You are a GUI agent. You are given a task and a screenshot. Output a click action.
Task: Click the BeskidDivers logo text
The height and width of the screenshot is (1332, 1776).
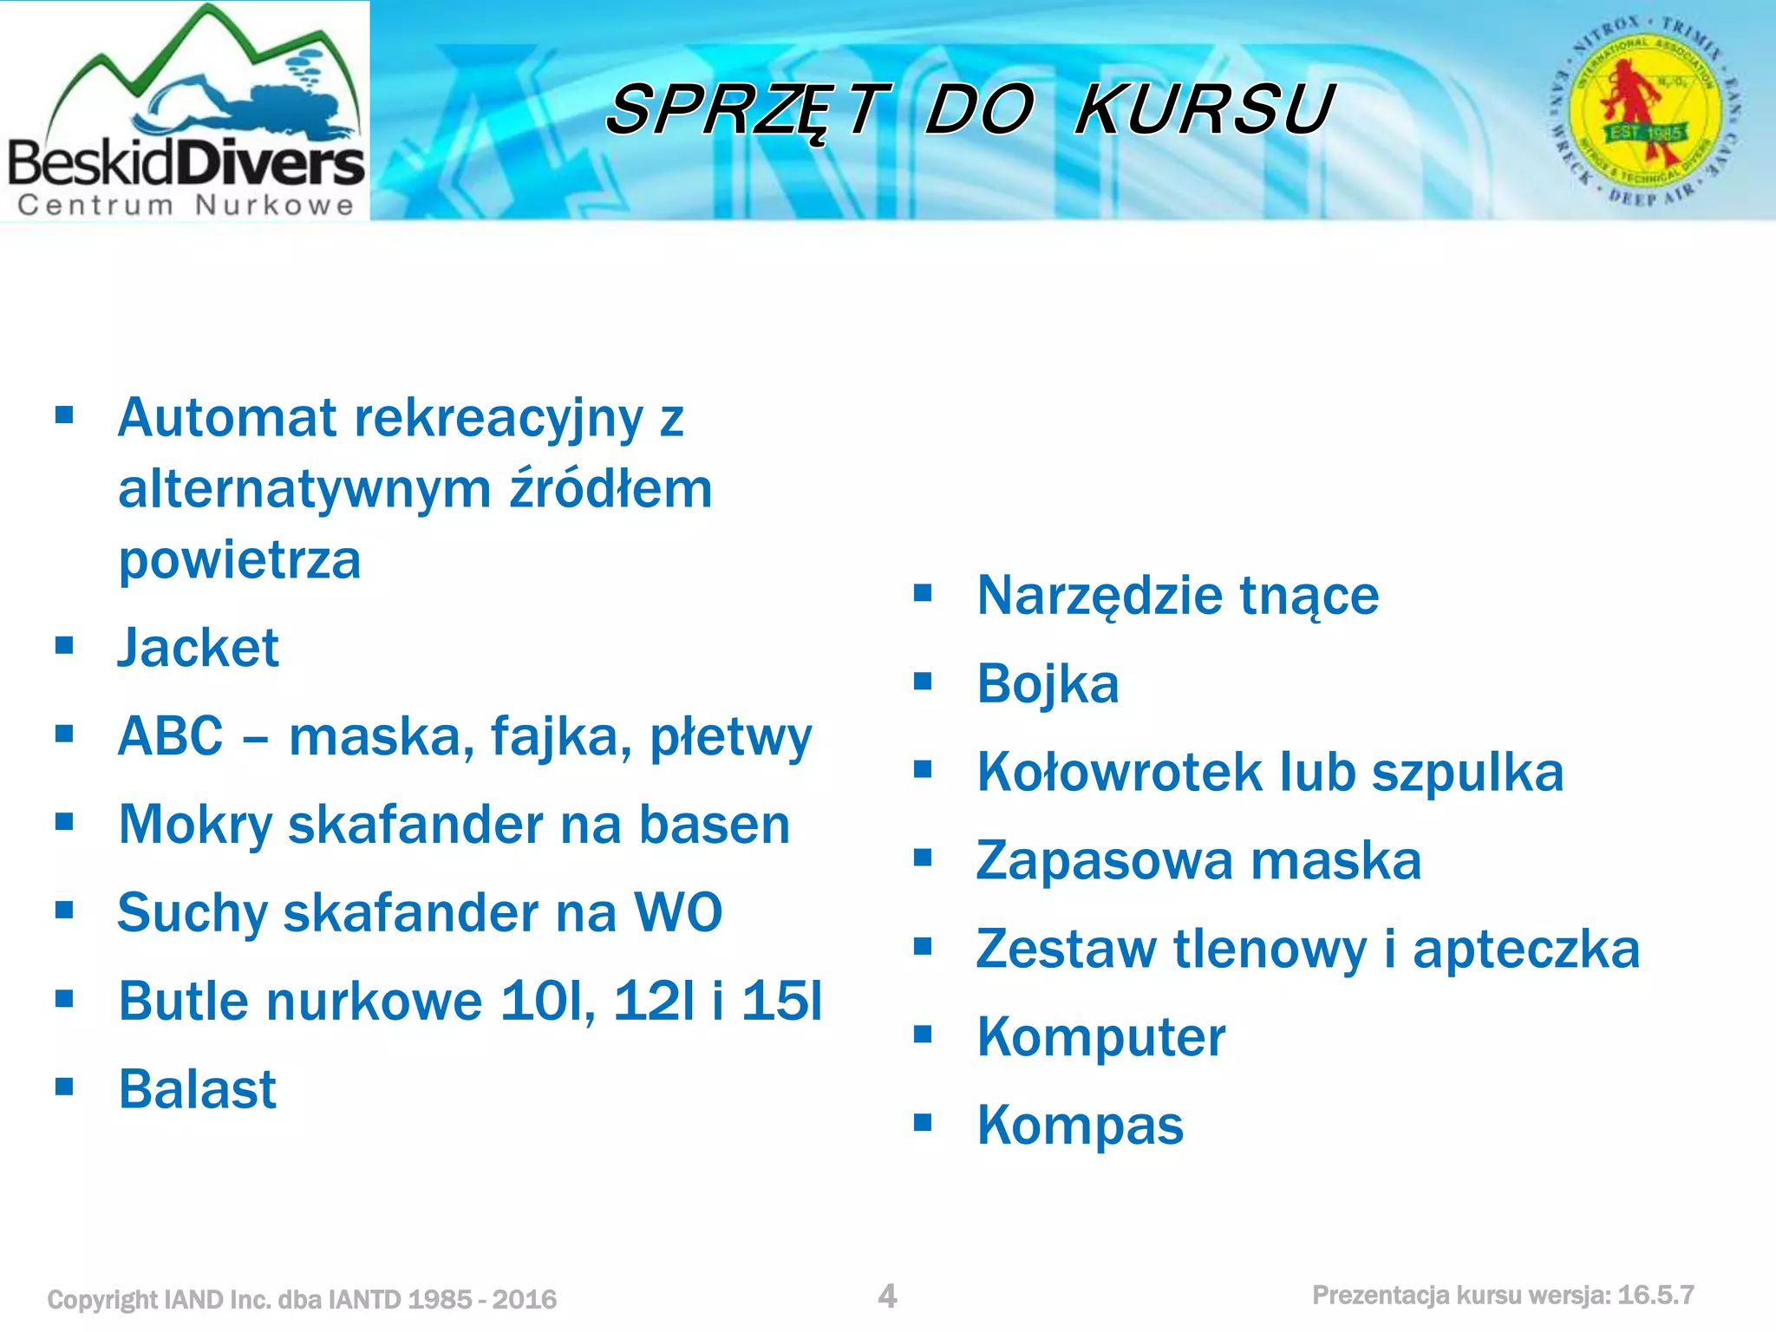186,163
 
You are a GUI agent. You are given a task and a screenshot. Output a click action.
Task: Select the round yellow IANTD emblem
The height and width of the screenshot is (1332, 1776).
1645,111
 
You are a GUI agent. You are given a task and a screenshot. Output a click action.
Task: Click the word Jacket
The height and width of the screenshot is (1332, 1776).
199,648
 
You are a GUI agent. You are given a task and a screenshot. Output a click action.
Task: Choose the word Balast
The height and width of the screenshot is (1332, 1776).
198,1089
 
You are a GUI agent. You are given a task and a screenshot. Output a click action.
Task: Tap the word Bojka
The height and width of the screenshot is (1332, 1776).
1048,683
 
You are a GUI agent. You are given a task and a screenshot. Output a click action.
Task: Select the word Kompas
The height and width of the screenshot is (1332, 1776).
1080,1125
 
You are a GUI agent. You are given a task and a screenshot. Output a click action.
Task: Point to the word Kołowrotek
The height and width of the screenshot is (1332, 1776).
1120,772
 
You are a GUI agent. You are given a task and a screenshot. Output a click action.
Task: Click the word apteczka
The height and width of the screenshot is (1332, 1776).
1526,949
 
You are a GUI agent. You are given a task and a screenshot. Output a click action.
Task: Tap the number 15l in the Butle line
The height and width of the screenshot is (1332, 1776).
781,1001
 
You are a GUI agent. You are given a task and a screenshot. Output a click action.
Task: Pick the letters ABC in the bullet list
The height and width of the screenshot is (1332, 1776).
171,736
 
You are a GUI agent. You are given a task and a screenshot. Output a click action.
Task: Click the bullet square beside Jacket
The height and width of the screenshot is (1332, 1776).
64,645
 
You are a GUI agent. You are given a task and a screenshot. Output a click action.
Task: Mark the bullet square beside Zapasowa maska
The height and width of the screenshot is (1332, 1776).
923,858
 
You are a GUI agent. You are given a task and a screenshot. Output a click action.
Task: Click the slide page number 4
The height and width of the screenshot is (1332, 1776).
887,1296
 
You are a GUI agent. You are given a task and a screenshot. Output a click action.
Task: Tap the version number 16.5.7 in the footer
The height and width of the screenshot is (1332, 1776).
1655,1296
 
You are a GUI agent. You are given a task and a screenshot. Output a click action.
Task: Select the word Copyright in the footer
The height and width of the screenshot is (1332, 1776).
102,1300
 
